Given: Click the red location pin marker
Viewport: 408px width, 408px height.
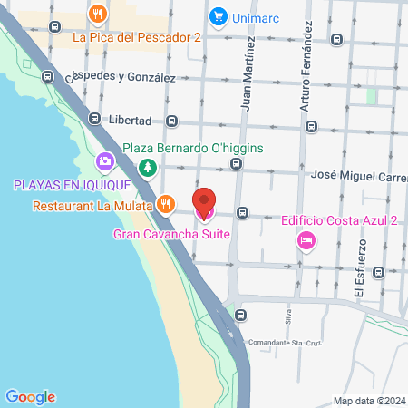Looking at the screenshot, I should pos(204,203).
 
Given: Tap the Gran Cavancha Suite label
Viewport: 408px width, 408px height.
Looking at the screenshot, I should pos(170,234).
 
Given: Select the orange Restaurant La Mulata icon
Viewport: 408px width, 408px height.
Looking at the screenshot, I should pos(164,204).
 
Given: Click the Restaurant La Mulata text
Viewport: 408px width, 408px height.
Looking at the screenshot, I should pos(91,205).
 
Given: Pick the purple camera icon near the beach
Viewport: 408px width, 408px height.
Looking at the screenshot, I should pos(105,162).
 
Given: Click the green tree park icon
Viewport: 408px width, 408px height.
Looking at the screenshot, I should pos(147,167).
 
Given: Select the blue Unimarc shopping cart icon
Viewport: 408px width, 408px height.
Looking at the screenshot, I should pos(218,15).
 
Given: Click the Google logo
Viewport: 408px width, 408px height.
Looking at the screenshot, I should pos(30,396).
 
